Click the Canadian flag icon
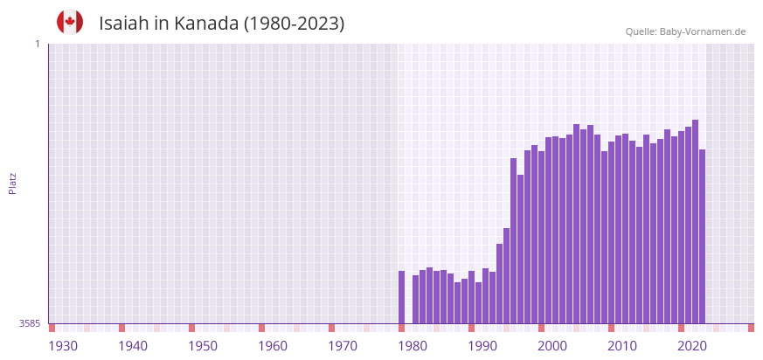pos(70,22)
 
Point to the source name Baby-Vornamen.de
pos(702,31)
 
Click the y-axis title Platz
pos(12,183)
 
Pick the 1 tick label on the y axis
pos(37,44)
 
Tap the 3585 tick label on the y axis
pos(30,323)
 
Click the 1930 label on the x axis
pos(63,346)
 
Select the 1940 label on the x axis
pos(133,346)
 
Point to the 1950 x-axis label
pos(203,346)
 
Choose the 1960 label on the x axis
pos(273,346)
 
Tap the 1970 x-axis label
pos(343,346)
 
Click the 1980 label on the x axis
pos(413,346)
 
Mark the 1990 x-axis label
pos(482,346)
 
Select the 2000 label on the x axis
pos(552,346)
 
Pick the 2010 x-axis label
pos(622,346)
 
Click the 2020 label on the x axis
pos(692,346)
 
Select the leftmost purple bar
pos(401,297)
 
